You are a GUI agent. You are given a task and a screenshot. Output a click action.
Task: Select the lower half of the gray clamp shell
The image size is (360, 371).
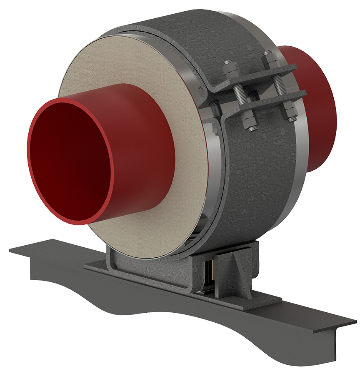pyautogui.click(x=258, y=187)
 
